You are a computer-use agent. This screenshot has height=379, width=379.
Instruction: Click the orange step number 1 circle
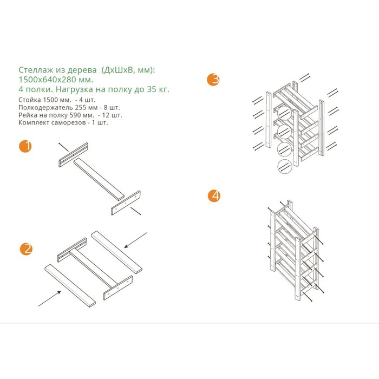25,146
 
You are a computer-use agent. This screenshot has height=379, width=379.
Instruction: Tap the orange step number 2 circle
26,249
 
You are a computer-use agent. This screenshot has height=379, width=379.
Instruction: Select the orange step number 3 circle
213,80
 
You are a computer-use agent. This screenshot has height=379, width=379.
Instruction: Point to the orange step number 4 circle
214,196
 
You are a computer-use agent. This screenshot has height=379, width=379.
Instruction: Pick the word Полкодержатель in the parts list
45,107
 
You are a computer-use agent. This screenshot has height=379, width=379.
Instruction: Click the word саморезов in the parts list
69,122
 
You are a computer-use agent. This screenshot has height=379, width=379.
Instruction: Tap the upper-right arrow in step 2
135,240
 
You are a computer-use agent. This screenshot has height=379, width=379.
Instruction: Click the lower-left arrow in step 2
50,298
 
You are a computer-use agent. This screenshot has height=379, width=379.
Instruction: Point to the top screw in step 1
63,147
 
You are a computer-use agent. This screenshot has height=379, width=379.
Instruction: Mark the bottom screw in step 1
135,211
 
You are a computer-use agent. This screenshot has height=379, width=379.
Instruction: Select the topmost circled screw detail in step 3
284,113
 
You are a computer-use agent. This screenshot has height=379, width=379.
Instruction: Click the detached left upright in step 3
269,120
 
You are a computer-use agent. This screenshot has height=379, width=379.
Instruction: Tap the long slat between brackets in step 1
99,179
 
